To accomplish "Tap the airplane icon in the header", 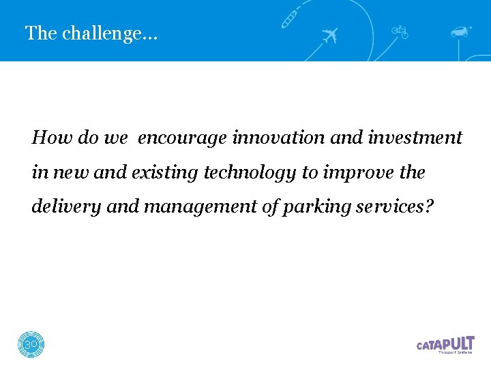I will tap(329, 35).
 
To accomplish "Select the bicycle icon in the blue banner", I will tap(400, 31).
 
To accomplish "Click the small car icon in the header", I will tap(462, 31).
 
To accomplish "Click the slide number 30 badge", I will tap(31, 345).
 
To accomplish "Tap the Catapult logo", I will tap(445, 345).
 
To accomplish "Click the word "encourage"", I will tap(183, 138).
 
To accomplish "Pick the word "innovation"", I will tap(280, 138).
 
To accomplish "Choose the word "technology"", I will tap(250, 174).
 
